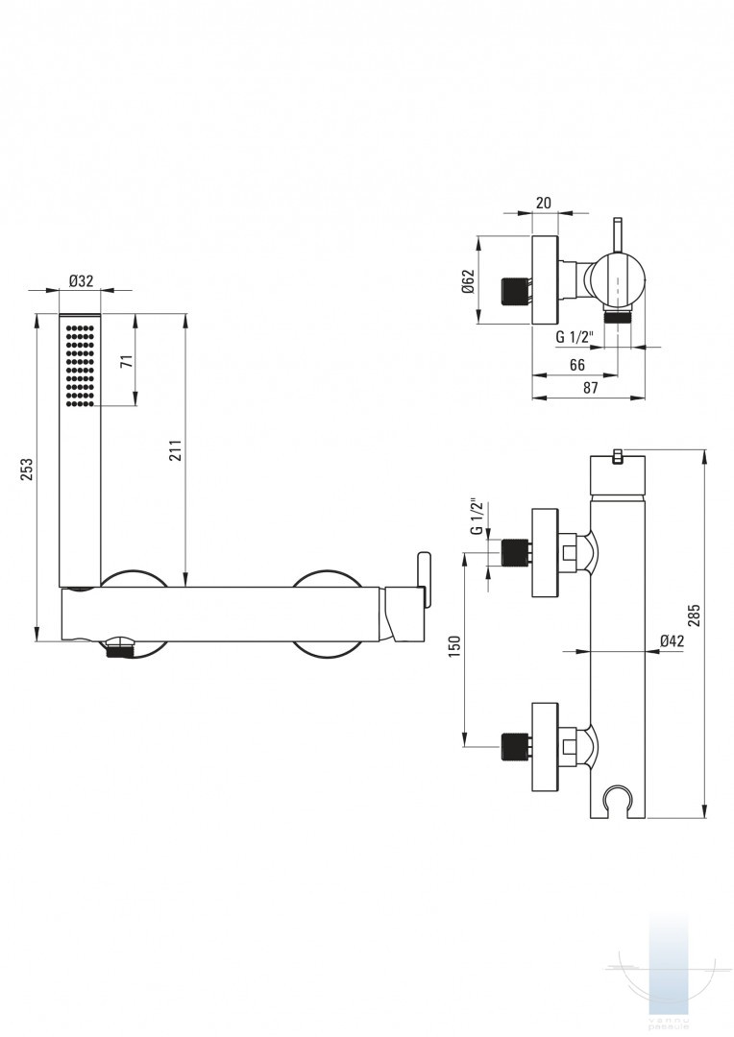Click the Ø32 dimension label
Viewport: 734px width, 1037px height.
[x=81, y=280]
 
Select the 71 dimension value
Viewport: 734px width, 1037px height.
[x=126, y=362]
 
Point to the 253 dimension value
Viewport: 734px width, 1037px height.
[x=28, y=468]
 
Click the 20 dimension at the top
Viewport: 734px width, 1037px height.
[x=543, y=203]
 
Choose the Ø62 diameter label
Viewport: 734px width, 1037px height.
[x=467, y=281]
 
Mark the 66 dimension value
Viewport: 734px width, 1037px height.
[x=577, y=365]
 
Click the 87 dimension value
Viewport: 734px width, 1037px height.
[x=589, y=388]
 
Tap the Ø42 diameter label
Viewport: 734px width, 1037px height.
[x=672, y=641]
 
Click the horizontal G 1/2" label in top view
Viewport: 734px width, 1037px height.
[x=576, y=337]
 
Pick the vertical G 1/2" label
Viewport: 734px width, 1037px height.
[x=476, y=517]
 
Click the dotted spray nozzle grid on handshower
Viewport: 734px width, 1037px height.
[x=81, y=365]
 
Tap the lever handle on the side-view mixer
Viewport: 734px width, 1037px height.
[x=423, y=580]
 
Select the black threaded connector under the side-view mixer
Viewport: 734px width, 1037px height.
[x=119, y=651]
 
